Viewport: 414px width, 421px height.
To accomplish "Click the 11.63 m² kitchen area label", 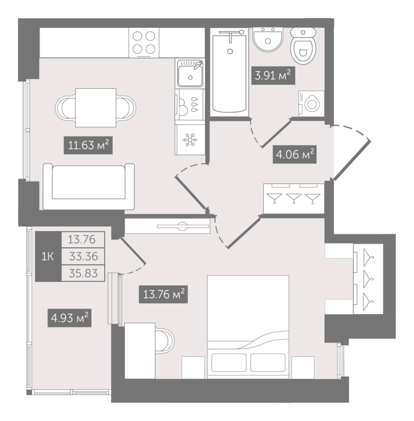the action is [88, 145].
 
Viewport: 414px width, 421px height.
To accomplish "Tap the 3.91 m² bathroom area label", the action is [273, 75].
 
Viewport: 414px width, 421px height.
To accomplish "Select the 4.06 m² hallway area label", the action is [294, 154].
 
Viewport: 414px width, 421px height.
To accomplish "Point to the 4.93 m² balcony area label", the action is [70, 318].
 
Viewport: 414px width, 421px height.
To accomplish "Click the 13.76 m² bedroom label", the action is [163, 294].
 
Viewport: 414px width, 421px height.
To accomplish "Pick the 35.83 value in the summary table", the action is [83, 273].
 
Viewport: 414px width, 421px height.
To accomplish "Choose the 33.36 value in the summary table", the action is [83, 256].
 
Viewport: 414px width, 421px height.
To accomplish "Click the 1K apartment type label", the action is [47, 257].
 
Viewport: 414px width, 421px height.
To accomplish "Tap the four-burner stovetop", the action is [144, 43].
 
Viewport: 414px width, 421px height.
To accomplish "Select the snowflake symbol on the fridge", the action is [190, 140].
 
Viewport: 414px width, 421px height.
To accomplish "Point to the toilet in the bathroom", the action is [303, 46].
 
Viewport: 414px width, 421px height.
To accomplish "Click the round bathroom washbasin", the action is [268, 39].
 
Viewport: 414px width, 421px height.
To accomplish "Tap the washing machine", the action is [311, 104].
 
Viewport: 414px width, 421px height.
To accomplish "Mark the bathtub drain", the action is [230, 51].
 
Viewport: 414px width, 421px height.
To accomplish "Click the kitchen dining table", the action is [96, 108].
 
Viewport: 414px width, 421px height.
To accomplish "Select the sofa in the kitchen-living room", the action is [88, 186].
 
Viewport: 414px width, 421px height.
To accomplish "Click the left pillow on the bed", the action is [229, 363].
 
